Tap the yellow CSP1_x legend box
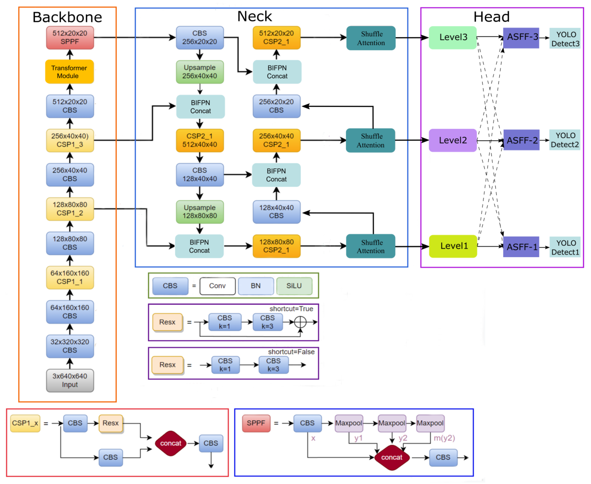pos(25,423)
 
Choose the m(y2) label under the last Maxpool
pos(444,438)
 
